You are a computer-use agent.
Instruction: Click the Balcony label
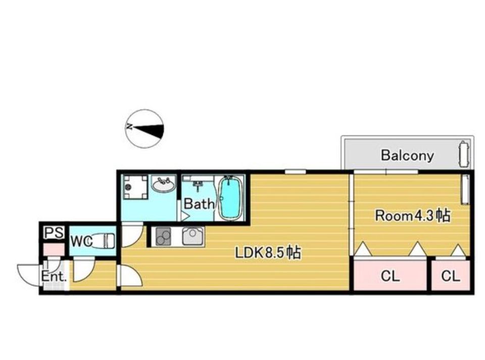coord(407,155)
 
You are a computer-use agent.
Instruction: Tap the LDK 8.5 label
coord(268,253)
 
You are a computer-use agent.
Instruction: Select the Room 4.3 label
coord(413,215)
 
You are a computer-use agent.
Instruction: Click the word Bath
coord(199,204)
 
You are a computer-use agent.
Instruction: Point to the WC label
coord(81,241)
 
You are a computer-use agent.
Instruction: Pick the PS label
coord(54,233)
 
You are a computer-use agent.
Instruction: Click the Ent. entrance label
coord(54,277)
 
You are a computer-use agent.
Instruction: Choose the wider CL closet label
coord(390,276)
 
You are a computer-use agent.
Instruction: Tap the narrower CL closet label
coord(451,276)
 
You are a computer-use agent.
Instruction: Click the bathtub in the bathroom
coord(230,198)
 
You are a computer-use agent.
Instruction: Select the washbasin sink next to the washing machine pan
coord(163,185)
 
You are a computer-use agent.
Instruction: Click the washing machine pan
coord(135,187)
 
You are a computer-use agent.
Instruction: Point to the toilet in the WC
coord(103,241)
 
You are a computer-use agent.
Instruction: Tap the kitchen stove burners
coord(163,236)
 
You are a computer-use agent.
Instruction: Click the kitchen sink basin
coord(193,236)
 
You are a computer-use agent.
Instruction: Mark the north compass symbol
coord(144,128)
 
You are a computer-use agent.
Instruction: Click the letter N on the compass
coord(129,126)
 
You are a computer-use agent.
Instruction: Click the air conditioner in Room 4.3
coord(465,190)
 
